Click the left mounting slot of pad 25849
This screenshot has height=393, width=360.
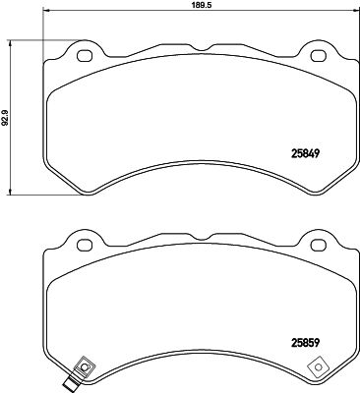tap(84, 54)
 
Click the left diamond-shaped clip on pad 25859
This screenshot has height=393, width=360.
tap(84, 369)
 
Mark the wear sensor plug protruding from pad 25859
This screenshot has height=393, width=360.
tap(71, 384)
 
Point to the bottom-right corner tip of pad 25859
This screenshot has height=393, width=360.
tap(333, 383)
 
